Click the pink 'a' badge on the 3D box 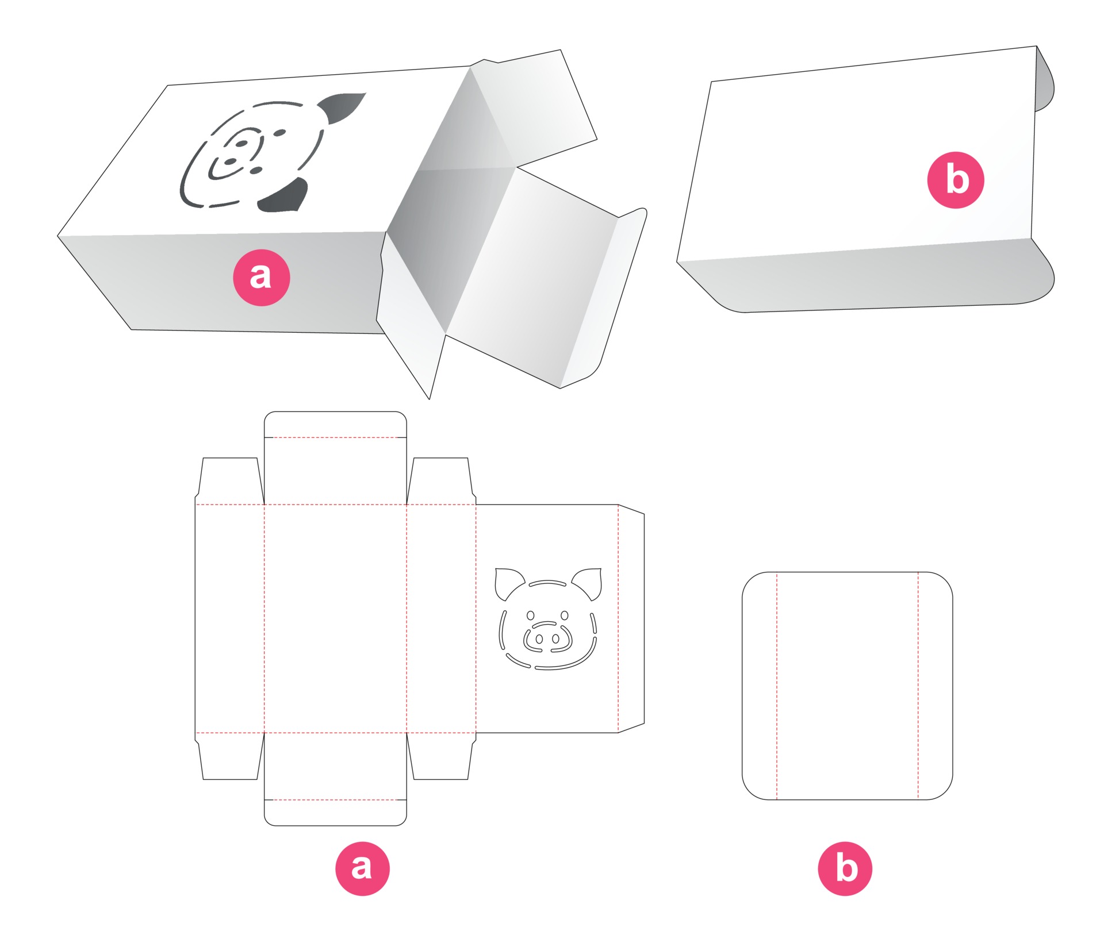[262, 278]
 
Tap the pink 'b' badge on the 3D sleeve [956, 180]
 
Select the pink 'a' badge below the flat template [362, 868]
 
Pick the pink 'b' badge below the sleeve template [845, 868]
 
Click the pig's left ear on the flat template [508, 583]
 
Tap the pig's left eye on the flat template [531, 615]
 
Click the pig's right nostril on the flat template [555, 638]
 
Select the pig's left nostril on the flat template [539, 638]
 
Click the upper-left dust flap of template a [229, 481]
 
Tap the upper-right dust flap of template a [441, 481]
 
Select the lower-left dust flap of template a [229, 756]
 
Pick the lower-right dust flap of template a [441, 756]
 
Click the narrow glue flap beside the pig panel [631, 618]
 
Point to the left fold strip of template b [760, 686]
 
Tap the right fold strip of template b [936, 686]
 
